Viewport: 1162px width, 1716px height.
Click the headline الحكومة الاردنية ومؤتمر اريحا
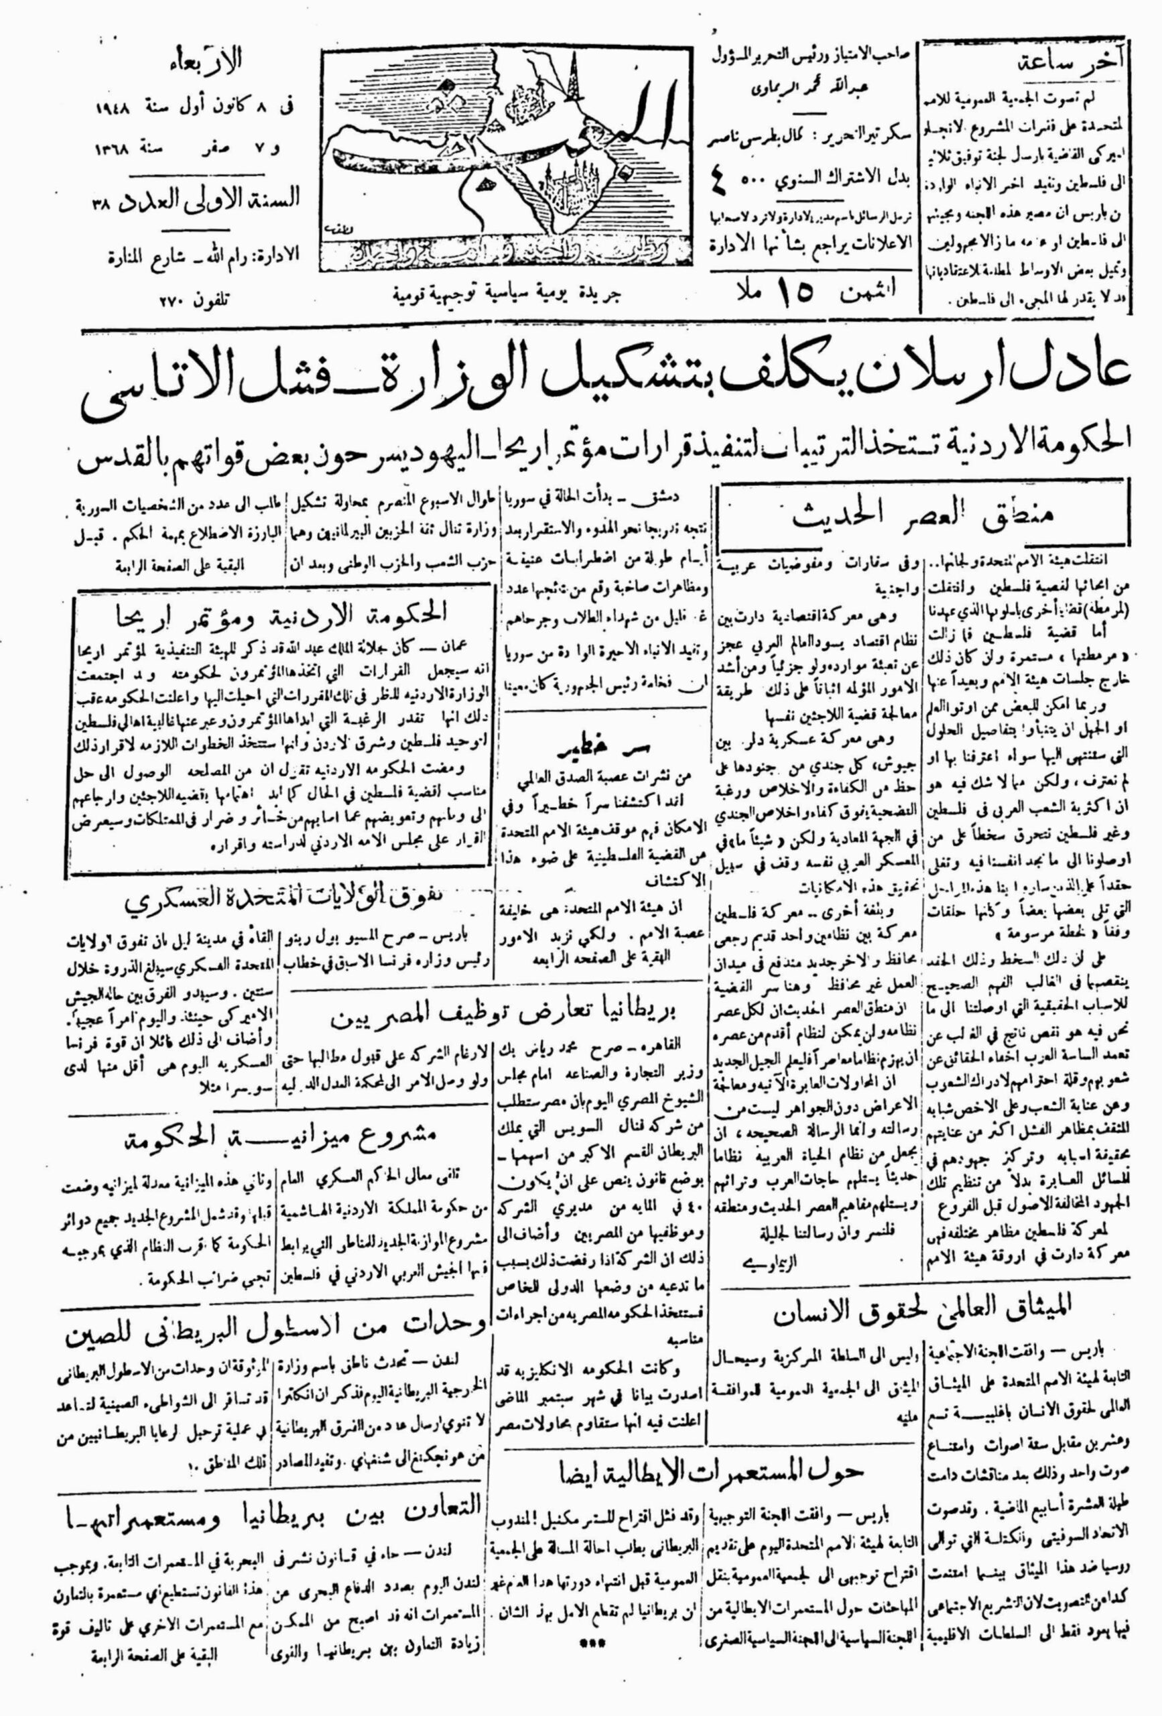pyautogui.click(x=289, y=610)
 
